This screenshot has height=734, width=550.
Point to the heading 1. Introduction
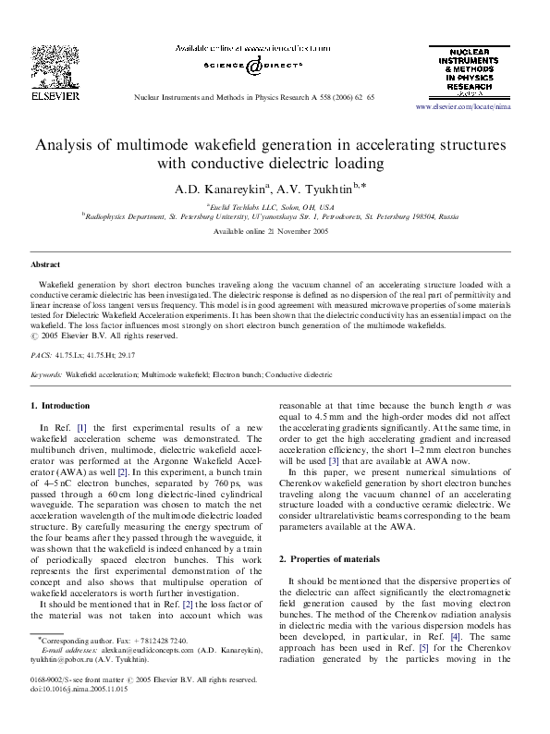[60, 406]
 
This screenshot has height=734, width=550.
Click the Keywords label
[46, 375]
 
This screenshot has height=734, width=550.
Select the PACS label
[41, 354]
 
